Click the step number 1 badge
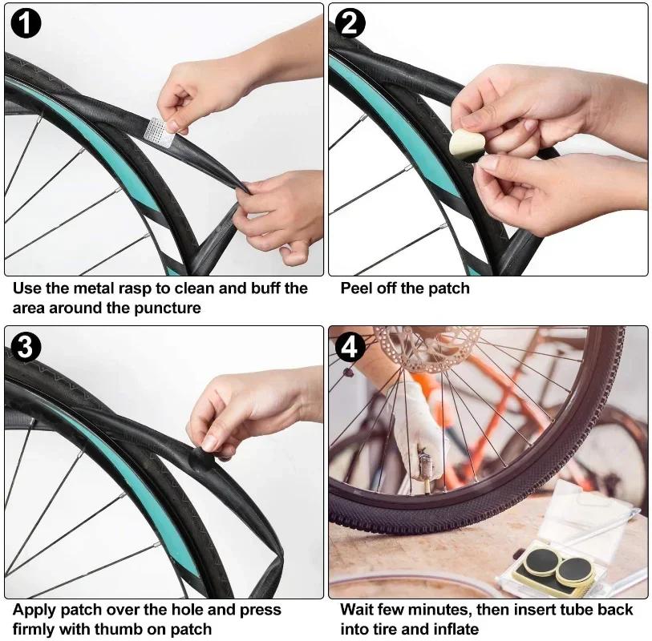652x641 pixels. [26, 24]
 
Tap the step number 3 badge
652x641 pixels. [26, 347]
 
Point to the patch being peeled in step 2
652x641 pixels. [463, 145]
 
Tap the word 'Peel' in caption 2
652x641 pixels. [356, 288]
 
